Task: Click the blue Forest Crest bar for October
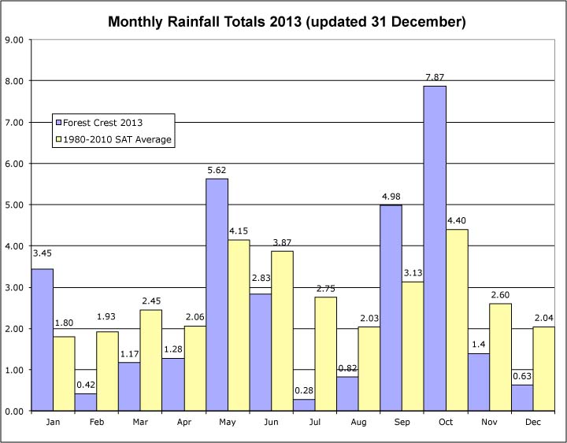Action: point(435,248)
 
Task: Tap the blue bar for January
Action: point(43,339)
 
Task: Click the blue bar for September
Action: point(391,308)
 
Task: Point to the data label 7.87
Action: point(435,77)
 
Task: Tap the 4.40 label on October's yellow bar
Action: point(457,221)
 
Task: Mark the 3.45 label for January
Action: point(43,253)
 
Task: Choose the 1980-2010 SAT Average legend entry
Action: point(113,140)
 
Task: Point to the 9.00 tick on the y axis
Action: point(17,40)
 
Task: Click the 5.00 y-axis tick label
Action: point(17,205)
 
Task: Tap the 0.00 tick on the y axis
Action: point(17,411)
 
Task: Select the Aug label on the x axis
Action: point(359,423)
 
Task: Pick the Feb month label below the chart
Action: point(97,423)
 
